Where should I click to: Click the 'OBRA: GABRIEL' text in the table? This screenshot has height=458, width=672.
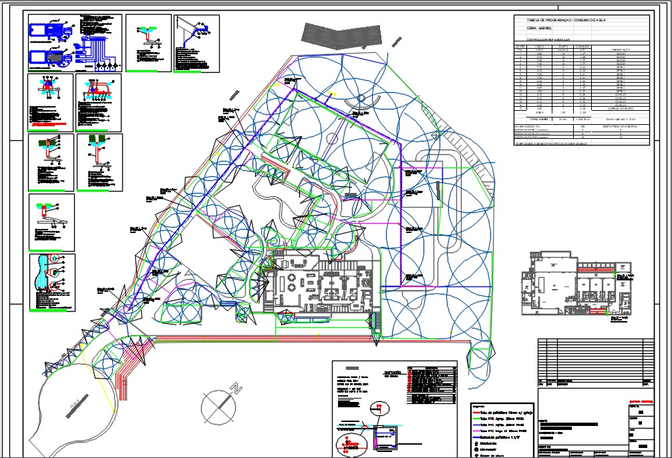click(541, 29)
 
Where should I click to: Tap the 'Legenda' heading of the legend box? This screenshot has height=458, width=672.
click(478, 406)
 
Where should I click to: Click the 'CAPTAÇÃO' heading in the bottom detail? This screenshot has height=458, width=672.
click(393, 372)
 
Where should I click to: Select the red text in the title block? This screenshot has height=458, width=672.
click(639, 401)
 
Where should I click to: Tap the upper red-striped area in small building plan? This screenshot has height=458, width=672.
click(589, 271)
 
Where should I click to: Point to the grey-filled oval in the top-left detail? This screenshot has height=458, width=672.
click(53, 58)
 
